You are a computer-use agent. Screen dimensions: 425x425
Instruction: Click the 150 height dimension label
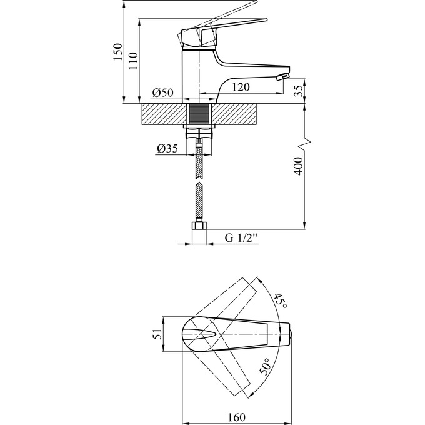(117, 52)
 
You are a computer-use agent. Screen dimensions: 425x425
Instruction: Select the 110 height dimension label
(133, 61)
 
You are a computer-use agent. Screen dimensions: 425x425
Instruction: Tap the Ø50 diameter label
(162, 92)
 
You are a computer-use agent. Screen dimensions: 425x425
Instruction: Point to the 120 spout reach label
(241, 87)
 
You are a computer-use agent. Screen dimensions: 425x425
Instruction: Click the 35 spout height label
(298, 91)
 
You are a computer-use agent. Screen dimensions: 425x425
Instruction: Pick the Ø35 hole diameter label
(167, 148)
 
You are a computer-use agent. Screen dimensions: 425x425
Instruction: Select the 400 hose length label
(298, 166)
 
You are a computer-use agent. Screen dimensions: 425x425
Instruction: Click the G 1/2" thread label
(241, 238)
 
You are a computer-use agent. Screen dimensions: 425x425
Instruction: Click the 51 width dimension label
(157, 334)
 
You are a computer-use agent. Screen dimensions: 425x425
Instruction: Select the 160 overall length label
(236, 417)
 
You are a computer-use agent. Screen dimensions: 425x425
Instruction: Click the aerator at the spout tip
(282, 77)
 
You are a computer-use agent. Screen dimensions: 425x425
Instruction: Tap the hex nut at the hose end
(199, 226)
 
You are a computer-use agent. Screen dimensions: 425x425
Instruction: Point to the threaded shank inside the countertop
(199, 114)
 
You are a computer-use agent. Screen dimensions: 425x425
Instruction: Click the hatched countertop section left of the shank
(164, 114)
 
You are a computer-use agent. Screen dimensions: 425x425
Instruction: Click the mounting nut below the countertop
(199, 132)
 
